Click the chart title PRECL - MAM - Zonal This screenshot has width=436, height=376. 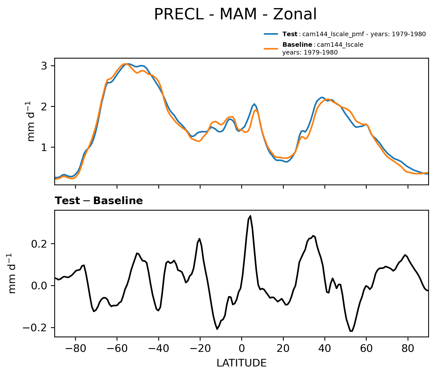235,14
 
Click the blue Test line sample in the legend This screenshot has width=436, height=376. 271,34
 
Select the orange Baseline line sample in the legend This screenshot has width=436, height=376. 271,49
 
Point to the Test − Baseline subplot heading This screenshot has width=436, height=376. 99,201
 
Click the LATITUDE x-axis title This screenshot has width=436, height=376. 241,363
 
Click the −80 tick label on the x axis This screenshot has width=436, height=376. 75,349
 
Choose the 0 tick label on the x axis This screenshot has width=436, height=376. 241,349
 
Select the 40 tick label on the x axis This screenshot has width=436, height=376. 325,349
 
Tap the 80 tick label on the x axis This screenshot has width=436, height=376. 408,349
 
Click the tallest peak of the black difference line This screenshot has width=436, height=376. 250,216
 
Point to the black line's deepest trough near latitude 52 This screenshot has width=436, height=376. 351,331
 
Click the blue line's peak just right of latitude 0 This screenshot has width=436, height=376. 254,104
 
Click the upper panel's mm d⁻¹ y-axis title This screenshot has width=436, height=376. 31,121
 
